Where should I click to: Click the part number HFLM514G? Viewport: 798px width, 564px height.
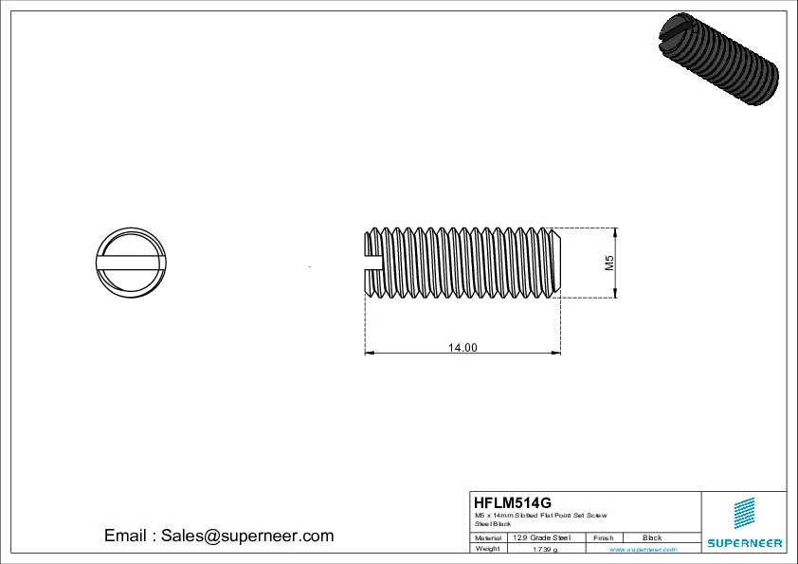(512, 502)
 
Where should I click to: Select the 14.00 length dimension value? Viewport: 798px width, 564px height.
(462, 348)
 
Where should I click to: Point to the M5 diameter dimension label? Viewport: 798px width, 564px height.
(610, 263)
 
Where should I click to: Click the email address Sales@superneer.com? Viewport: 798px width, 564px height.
(219, 536)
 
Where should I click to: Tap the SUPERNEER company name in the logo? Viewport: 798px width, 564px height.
(744, 543)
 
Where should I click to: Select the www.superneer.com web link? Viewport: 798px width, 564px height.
(643, 549)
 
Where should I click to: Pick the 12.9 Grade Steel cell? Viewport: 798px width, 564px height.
(541, 537)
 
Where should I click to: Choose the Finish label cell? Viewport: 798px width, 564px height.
(604, 537)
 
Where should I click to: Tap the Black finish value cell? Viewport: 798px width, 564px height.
(652, 537)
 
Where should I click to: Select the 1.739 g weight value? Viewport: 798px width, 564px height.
(545, 549)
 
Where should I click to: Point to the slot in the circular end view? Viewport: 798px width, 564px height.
(132, 263)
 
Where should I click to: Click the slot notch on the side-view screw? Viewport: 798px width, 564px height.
(372, 263)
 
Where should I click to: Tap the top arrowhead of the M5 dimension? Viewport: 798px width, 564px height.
(615, 232)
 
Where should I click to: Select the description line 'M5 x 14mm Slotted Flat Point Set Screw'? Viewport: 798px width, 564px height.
(540, 515)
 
